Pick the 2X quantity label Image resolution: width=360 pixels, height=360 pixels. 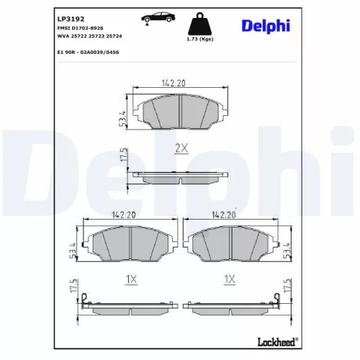tap(181, 148)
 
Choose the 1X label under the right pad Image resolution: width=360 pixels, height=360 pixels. tap(230, 278)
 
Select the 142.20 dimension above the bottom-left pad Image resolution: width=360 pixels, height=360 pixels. tap(124, 214)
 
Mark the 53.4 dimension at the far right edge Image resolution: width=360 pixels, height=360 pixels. tap(288, 251)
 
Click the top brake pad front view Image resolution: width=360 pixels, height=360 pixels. tap(179, 113)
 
